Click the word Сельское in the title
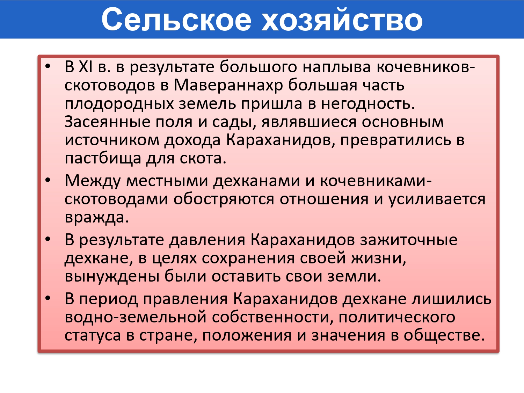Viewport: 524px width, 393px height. pyautogui.click(x=176, y=19)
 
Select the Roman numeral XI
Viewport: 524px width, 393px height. pyautogui.click(x=86, y=67)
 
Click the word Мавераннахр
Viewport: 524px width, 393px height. pyautogui.click(x=228, y=85)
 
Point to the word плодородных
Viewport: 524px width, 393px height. pyautogui.click(x=119, y=104)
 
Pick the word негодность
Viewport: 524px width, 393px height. pyautogui.click(x=368, y=104)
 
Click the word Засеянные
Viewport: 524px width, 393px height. pyautogui.click(x=107, y=122)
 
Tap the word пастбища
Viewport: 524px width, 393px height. pyautogui.click(x=103, y=159)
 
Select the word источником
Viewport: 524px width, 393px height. pyautogui.click(x=112, y=140)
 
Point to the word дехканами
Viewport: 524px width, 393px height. pyautogui.click(x=256, y=181)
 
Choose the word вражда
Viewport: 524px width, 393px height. pyautogui.click(x=97, y=218)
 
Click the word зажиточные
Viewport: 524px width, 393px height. pyautogui.click(x=409, y=240)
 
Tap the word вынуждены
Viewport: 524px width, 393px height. pyautogui.click(x=112, y=277)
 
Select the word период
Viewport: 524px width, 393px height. pyautogui.click(x=108, y=299)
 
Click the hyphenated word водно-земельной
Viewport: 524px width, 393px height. pyautogui.click(x=135, y=318)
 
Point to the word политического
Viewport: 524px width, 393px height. pyautogui.click(x=397, y=318)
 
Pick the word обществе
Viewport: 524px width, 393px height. pyautogui.click(x=444, y=335)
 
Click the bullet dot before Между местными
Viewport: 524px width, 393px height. pyautogui.click(x=48, y=180)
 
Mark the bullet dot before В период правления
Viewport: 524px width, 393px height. pyautogui.click(x=48, y=299)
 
